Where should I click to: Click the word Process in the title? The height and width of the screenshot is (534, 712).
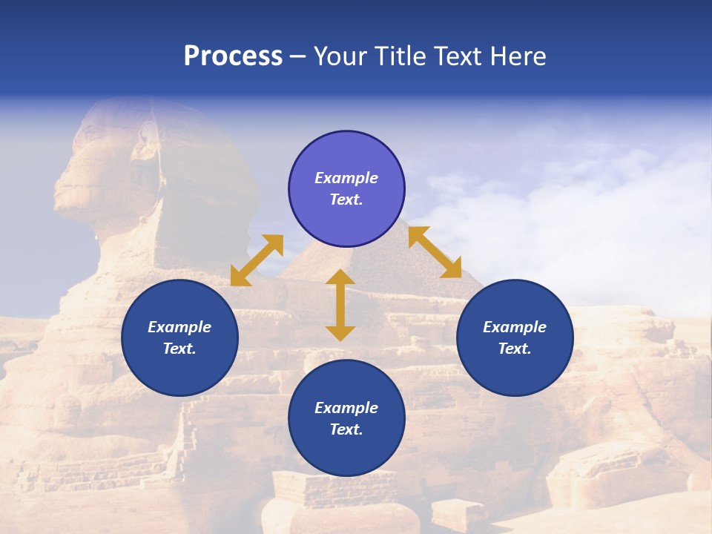click(x=233, y=56)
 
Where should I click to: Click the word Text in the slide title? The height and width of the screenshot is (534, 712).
click(x=461, y=56)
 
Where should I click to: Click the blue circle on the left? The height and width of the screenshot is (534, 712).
click(x=179, y=337)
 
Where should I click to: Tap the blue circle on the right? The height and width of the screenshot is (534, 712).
click(x=515, y=337)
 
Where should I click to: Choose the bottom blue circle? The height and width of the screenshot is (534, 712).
click(x=346, y=418)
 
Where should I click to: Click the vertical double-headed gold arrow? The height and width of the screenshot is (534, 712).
click(x=340, y=305)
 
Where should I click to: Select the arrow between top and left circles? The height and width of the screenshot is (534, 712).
click(x=257, y=260)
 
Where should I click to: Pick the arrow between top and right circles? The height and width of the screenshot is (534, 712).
click(x=435, y=252)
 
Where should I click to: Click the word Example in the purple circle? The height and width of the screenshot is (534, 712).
click(x=346, y=178)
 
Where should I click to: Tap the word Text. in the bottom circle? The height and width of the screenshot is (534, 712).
click(x=346, y=429)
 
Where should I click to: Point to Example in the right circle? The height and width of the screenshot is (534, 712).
click(x=515, y=327)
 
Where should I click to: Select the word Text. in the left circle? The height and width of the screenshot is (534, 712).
click(x=179, y=349)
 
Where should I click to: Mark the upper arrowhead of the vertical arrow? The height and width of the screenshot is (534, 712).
click(x=340, y=277)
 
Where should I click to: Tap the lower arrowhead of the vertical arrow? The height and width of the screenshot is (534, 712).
click(x=340, y=333)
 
